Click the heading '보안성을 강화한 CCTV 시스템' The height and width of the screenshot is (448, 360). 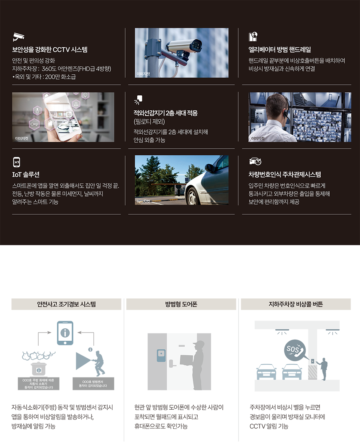pos(49,50)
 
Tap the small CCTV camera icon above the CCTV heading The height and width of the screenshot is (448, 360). pos(18,37)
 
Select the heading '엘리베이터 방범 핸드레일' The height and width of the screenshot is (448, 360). pos(279,50)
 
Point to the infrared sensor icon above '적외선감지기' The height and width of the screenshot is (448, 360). pos(138,100)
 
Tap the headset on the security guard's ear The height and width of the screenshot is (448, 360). pos(285,114)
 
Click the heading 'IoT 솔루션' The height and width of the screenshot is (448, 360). pos(26,174)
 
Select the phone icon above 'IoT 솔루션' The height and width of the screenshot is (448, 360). pos(16,162)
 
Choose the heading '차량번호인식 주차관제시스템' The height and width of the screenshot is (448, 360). pos(285,174)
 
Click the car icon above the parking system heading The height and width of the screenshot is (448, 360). pos(255,161)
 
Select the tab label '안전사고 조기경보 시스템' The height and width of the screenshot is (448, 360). pos(66,304)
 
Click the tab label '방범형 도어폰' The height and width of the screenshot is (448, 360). pos(181,304)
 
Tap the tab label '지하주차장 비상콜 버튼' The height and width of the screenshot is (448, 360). pos(296,304)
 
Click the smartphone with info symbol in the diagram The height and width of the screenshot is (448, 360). pos(65,333)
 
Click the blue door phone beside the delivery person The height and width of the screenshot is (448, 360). pos(161,355)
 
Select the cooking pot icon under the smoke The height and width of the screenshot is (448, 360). pos(39,368)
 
